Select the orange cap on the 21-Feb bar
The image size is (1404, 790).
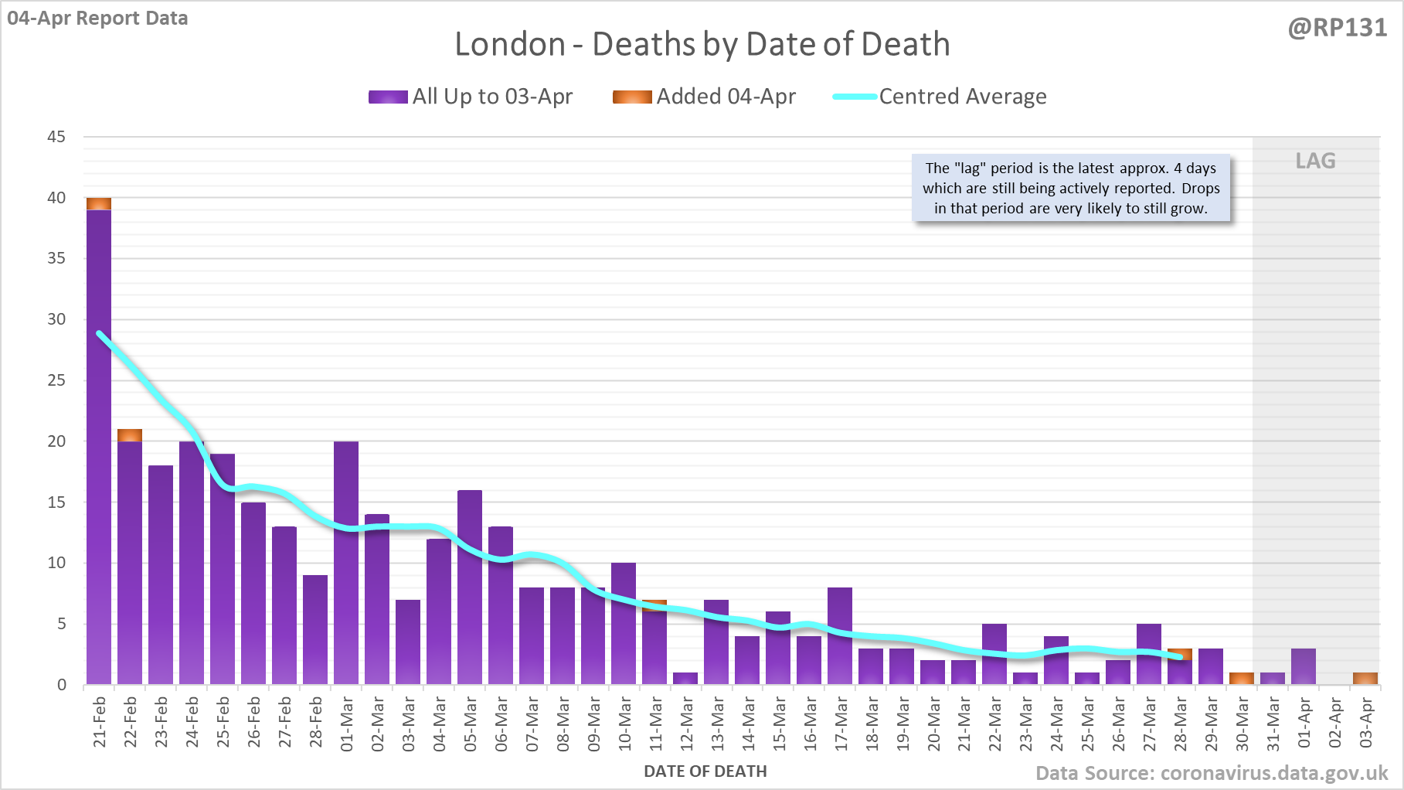pyautogui.click(x=99, y=203)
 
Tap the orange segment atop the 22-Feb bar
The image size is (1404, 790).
pyautogui.click(x=130, y=435)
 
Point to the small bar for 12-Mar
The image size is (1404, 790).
pyautogui.click(x=685, y=679)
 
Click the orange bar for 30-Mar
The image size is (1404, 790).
pyautogui.click(x=1242, y=679)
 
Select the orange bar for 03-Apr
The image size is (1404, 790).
pyautogui.click(x=1365, y=679)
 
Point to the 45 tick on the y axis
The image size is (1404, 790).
pyautogui.click(x=56, y=137)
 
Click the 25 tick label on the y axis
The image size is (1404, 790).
pyautogui.click(x=56, y=380)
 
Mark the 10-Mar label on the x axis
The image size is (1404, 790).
pyautogui.click(x=624, y=724)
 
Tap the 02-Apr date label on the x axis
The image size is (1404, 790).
pyautogui.click(x=1335, y=724)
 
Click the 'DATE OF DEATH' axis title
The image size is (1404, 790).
pyautogui.click(x=705, y=771)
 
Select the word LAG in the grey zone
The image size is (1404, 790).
pyautogui.click(x=1315, y=161)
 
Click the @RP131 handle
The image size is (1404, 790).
pyautogui.click(x=1337, y=28)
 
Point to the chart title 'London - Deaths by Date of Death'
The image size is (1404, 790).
pyautogui.click(x=702, y=44)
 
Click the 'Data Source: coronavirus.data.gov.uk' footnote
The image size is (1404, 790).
pyautogui.click(x=1212, y=774)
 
